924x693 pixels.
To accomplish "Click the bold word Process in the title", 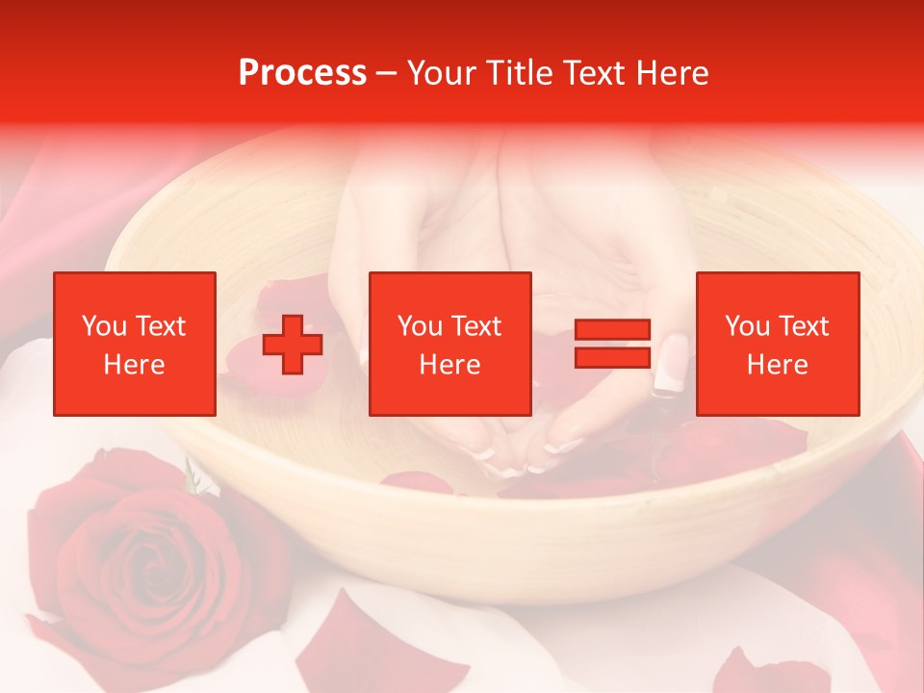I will pos(302,73).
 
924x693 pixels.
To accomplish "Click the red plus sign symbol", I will pos(293,345).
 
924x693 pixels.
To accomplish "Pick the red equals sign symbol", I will pos(612,344).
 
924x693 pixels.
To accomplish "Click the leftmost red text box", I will pos(135,344).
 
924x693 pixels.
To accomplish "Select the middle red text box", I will pos(450,344).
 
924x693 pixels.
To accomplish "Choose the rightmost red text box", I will pos(778,344).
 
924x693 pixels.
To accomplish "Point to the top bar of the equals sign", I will pos(612,330).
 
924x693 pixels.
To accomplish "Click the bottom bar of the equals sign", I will pos(612,357).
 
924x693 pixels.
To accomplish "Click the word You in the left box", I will pos(104,326).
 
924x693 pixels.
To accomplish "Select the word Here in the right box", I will pos(778,365).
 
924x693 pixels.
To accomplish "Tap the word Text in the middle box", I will pos(476,326).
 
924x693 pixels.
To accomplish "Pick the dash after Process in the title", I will pos(387,74).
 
